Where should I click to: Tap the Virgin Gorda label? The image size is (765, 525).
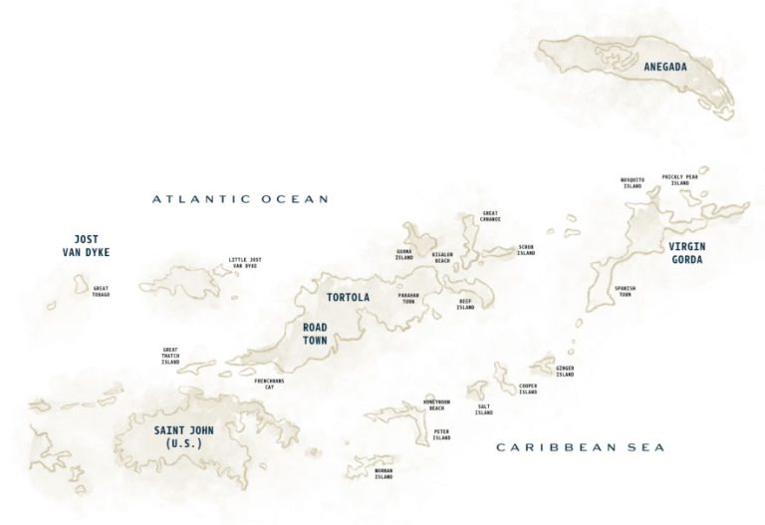(x=685, y=252)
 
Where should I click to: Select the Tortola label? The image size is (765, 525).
(x=349, y=297)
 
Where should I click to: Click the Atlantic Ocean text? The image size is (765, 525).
(x=240, y=199)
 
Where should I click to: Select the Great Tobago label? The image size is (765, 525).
(x=101, y=292)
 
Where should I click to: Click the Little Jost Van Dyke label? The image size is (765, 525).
(x=243, y=263)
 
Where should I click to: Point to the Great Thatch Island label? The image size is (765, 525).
(x=170, y=356)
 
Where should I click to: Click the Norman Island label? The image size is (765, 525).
(x=383, y=474)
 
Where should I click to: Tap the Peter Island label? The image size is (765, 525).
(x=441, y=435)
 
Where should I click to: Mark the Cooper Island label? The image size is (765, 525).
(x=528, y=390)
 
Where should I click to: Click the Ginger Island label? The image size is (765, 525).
(x=565, y=372)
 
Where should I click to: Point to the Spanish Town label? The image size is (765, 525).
(x=625, y=291)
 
